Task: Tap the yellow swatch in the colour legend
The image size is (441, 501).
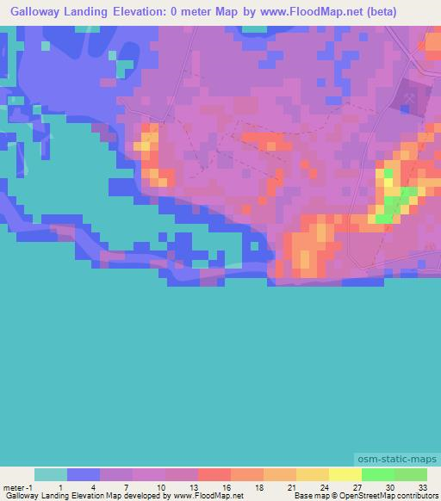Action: pos(344,474)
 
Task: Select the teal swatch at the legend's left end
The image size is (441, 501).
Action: pos(51,474)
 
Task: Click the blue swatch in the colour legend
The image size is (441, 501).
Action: pos(84,474)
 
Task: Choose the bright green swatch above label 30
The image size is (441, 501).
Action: pos(376,474)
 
